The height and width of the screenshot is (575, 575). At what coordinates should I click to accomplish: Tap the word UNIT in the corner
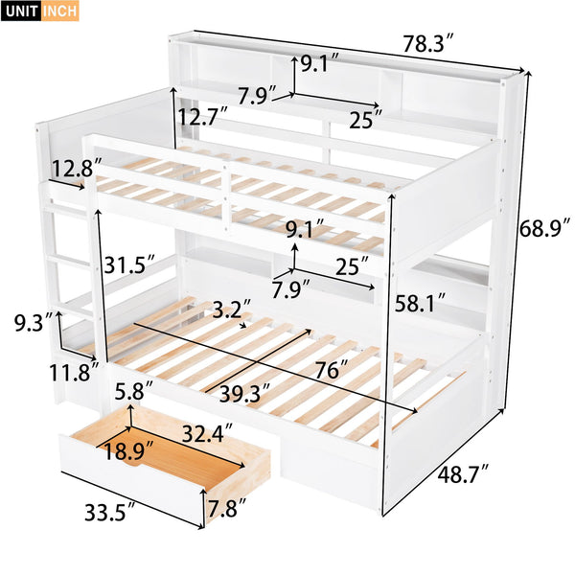23,12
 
